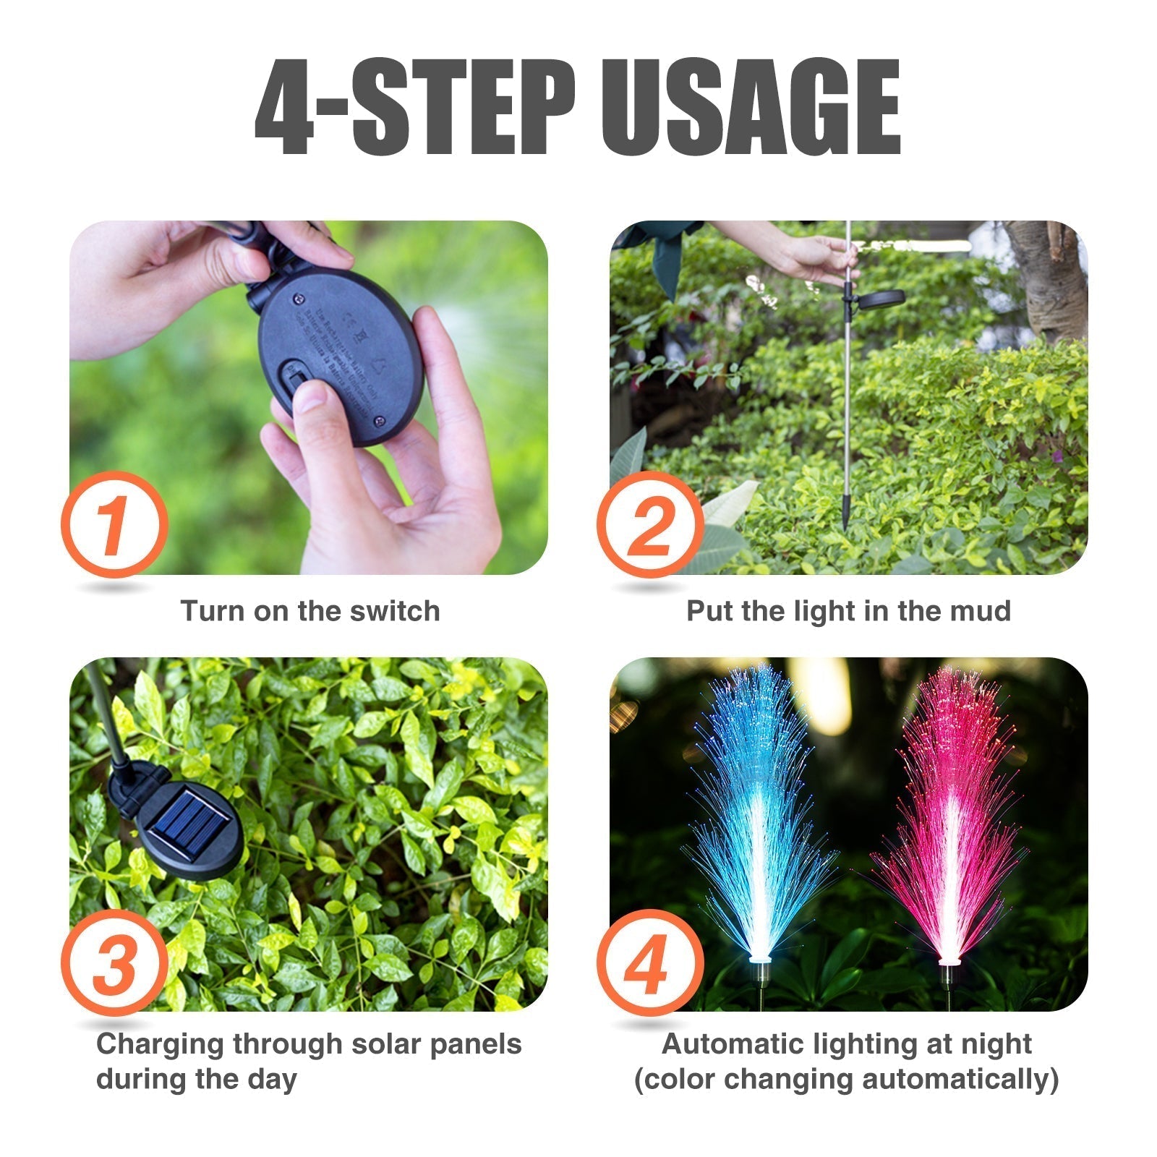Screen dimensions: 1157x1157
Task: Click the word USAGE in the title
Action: point(752,108)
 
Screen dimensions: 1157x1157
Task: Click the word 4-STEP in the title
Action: point(416,108)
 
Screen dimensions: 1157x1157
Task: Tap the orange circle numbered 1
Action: point(114,525)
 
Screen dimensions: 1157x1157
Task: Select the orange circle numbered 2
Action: point(649,525)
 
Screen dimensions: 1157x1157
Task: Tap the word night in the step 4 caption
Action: point(996,1044)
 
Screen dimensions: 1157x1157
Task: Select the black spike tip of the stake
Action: point(845,513)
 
